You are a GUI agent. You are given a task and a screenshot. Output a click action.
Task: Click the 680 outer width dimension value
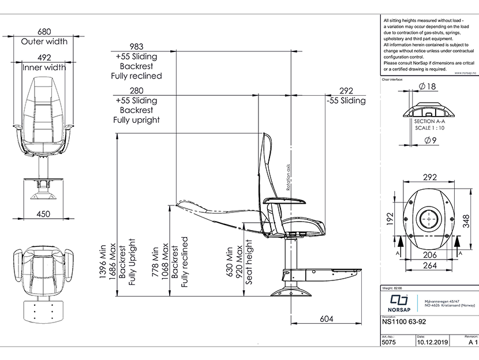[44, 32]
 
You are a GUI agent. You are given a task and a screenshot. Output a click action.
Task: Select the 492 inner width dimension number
[44, 57]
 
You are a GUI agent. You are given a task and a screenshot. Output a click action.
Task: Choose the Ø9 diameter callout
[429, 140]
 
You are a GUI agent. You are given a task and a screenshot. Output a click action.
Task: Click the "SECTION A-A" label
[429, 122]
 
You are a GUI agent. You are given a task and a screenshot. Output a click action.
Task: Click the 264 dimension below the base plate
[429, 266]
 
